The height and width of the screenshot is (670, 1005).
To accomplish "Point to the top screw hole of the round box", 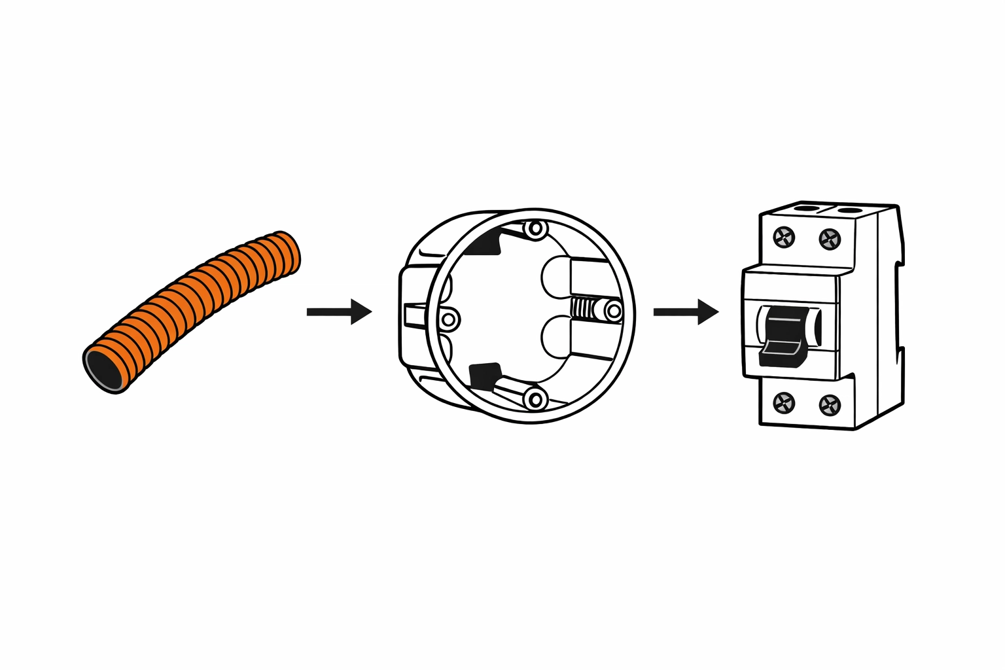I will (x=537, y=229).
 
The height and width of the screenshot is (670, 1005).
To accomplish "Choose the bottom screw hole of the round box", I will (x=537, y=398).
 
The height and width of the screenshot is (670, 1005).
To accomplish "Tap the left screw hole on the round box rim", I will (x=449, y=319).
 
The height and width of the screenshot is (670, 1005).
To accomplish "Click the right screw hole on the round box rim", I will (x=613, y=310).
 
